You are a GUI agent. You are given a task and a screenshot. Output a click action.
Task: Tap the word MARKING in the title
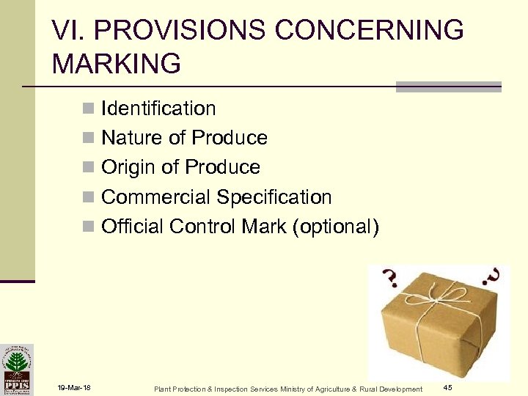[116, 64]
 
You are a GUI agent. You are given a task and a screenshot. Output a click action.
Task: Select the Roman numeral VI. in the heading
[67, 31]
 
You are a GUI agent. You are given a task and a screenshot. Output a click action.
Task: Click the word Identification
[158, 109]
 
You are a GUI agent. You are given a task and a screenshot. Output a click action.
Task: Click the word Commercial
[155, 197]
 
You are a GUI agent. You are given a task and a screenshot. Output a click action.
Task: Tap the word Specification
[274, 197]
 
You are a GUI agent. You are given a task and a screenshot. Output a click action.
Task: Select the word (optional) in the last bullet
[335, 227]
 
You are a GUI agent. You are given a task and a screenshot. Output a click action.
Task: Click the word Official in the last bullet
[133, 227]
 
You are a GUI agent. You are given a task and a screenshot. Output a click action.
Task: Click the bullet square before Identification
[88, 109]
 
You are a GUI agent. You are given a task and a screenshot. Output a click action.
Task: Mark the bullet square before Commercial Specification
[88, 198]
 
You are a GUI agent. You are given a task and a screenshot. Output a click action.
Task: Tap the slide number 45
[447, 386]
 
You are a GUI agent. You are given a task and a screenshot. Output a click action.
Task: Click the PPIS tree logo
[16, 368]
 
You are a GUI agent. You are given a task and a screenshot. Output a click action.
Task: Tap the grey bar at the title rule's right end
[448, 87]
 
